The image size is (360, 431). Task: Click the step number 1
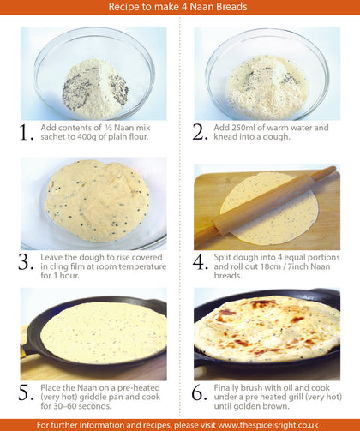coord(27,133)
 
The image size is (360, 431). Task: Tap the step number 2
coord(200,132)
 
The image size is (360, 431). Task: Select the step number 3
coord(27,262)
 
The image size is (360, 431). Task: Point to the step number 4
coord(201,262)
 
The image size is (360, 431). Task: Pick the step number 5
coord(27,392)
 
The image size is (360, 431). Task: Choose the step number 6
coord(200,392)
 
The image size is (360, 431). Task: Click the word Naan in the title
coord(202,7)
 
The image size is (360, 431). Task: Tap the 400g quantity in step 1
coord(87,137)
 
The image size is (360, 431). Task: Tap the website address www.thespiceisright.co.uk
coord(268,425)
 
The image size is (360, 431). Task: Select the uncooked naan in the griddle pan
coord(104,332)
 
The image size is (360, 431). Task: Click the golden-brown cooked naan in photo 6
coord(267,328)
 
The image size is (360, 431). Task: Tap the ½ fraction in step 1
coord(109,128)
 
